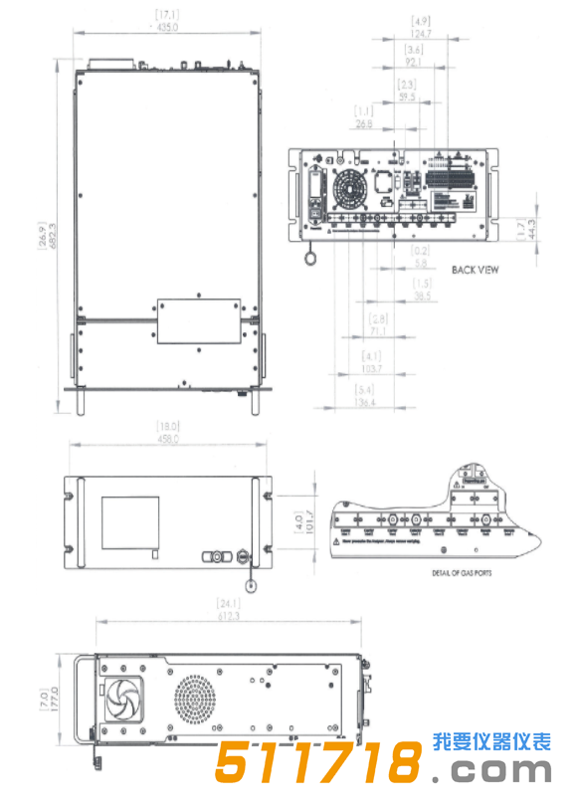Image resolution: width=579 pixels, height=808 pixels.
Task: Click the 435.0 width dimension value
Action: [166, 27]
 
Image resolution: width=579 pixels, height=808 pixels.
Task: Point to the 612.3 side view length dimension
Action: [230, 615]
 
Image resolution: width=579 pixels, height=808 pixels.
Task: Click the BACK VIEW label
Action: [476, 270]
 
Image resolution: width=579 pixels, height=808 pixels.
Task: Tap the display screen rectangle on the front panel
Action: [134, 520]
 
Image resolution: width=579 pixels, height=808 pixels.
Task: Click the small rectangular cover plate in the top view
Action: [198, 320]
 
